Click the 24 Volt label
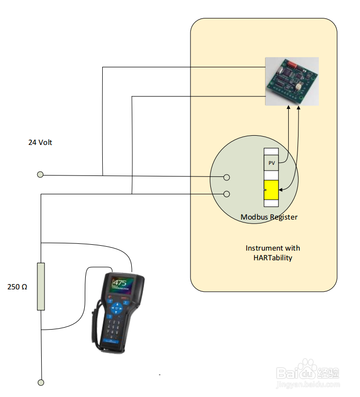pos(40,143)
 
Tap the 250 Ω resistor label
pos(17,287)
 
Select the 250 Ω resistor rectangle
pos(41,286)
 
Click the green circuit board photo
pos(292,81)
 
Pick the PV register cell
pos(271,163)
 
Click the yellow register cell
pos(271,189)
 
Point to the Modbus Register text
pos(269,217)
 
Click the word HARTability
pos(273,258)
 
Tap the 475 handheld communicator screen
pos(121,286)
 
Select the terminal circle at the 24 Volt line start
pos(40,175)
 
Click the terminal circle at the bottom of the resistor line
pos(41,382)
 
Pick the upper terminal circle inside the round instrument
pos(226,177)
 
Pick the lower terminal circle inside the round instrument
pos(226,194)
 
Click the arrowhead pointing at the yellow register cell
pos(282,190)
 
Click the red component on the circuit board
pos(292,64)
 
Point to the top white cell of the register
pos(271,152)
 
